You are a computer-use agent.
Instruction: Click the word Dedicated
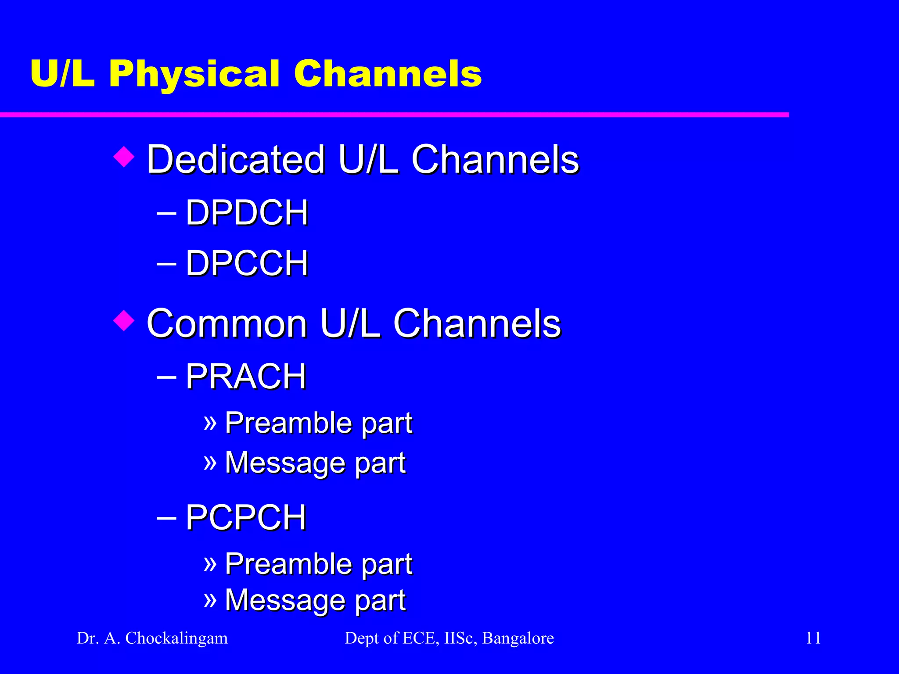point(236,159)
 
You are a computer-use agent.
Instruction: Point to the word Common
point(227,323)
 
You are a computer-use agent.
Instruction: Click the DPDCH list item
point(247,213)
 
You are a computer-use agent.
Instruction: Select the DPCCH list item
point(247,263)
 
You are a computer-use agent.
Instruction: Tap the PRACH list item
point(245,376)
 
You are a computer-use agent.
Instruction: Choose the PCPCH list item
point(245,517)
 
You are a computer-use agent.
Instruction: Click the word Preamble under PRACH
point(288,423)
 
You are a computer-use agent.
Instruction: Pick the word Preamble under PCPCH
point(288,564)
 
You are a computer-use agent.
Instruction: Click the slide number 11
point(813,638)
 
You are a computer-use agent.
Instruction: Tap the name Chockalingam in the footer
point(176,638)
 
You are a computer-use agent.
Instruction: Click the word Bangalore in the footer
point(518,638)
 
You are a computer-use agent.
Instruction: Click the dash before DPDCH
point(166,214)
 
